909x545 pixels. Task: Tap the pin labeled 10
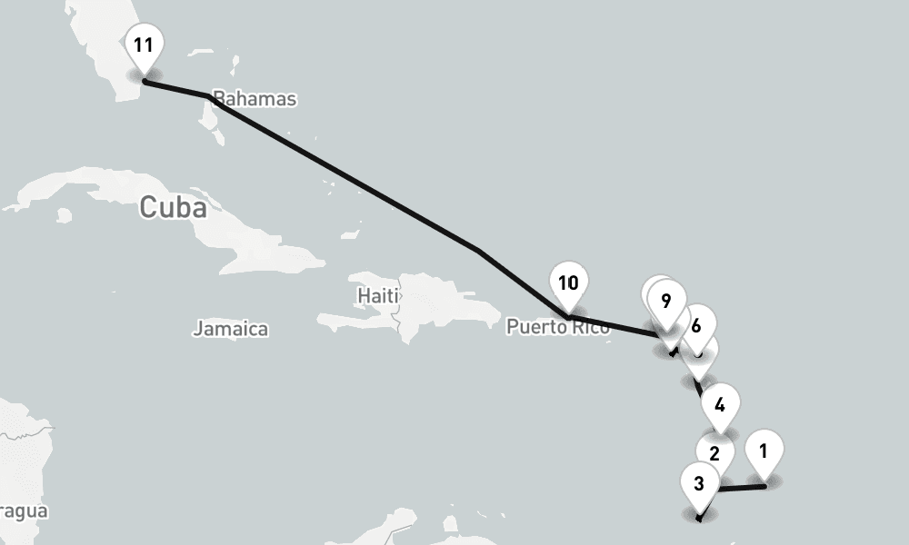click(x=568, y=283)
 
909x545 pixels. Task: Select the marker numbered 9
click(x=667, y=302)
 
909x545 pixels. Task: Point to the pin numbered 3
click(x=698, y=483)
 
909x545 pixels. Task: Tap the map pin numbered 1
click(x=764, y=451)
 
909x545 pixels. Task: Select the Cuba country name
click(x=173, y=208)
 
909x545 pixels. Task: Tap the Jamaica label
click(x=230, y=329)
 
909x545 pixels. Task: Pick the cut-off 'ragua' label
click(x=23, y=511)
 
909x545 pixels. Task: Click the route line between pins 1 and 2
click(x=742, y=489)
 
